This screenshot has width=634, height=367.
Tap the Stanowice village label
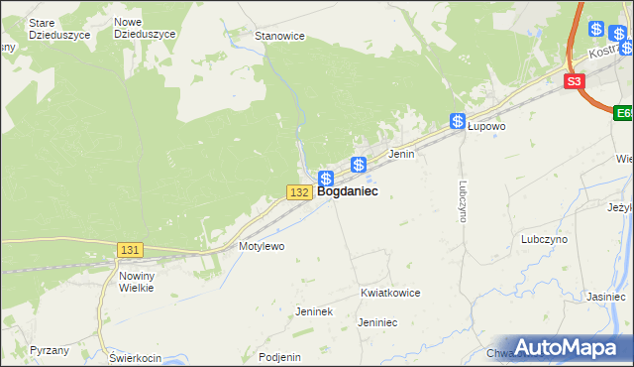(x=279, y=36)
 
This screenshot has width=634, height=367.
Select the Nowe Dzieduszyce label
(x=145, y=28)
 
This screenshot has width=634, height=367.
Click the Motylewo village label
(x=262, y=245)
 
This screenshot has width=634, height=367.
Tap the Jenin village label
(x=400, y=155)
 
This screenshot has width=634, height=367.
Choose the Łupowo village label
(x=486, y=127)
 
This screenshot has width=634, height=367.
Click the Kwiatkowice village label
(x=390, y=294)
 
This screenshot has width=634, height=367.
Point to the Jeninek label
(x=313, y=311)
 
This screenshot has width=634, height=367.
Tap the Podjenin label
(x=278, y=357)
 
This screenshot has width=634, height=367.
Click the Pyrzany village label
(x=50, y=351)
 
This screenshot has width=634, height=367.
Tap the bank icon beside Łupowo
(x=458, y=122)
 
